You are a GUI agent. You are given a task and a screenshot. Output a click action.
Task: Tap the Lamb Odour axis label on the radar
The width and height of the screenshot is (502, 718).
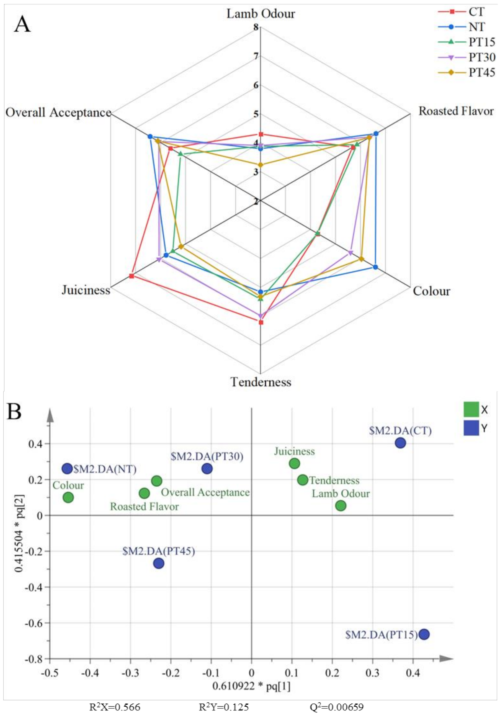coord(261,14)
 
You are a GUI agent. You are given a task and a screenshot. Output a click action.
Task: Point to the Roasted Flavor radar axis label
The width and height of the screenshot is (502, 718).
coord(456,111)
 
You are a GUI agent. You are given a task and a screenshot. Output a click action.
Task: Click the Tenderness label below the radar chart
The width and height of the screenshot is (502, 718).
coord(261,382)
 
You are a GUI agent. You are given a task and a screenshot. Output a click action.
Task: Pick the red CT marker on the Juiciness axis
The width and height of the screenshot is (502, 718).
coord(132,276)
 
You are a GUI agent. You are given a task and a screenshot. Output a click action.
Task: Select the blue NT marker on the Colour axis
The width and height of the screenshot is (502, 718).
coord(375,267)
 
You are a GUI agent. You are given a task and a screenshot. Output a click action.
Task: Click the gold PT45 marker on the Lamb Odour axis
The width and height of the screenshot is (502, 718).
coord(261,165)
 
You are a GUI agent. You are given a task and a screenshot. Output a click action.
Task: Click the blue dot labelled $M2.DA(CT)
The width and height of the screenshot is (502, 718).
coord(400,443)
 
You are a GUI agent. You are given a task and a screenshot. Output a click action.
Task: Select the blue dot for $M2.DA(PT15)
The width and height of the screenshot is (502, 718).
coord(424,634)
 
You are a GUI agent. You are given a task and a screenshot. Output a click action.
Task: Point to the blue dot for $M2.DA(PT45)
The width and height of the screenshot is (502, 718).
coord(159,563)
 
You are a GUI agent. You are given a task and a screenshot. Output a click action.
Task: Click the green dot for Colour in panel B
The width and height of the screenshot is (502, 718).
coord(68,497)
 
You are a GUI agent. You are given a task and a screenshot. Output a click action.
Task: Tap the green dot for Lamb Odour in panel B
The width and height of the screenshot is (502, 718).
coord(341,505)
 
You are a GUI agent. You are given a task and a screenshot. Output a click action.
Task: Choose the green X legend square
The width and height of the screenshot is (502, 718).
coord(471,409)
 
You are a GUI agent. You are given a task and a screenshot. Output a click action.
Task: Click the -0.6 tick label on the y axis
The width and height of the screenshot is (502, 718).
coord(33,623)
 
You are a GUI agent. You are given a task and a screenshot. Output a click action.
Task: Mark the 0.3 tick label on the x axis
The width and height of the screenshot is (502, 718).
coord(372,673)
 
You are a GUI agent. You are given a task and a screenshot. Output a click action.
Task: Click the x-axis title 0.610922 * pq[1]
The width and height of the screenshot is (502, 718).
coord(251,685)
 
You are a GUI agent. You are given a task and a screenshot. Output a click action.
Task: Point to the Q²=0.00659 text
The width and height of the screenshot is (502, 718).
coord(336,707)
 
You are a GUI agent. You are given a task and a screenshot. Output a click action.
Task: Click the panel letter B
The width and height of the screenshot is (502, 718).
coord(14,412)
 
